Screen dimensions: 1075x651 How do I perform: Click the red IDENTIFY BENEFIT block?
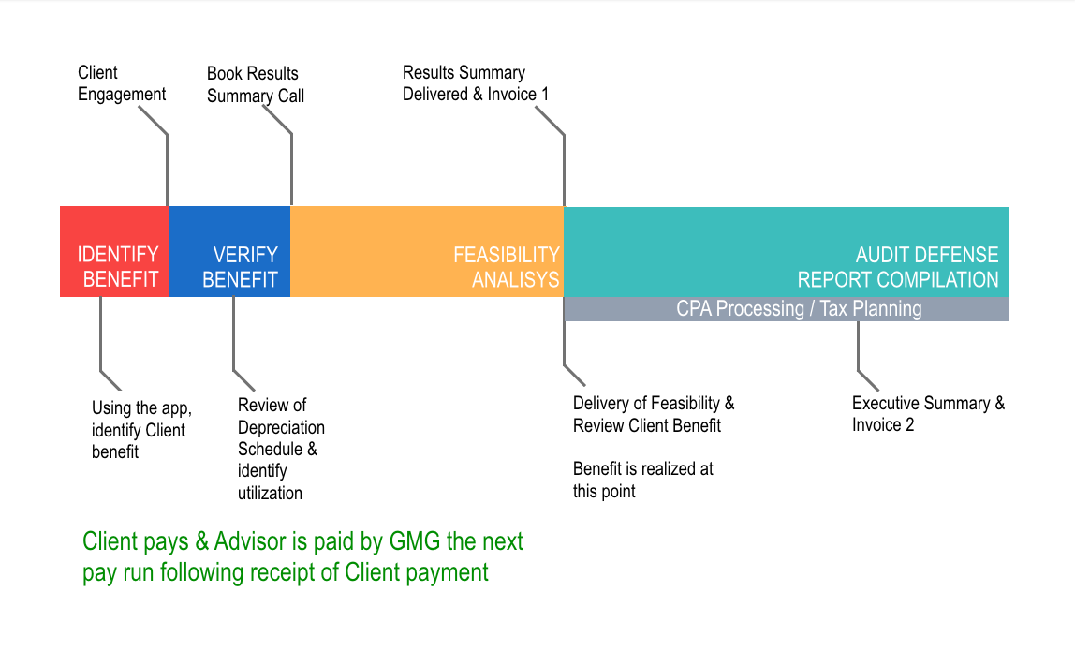(114, 252)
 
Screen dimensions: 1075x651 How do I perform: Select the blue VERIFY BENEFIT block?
(229, 252)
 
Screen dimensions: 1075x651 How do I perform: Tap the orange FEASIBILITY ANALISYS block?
(427, 252)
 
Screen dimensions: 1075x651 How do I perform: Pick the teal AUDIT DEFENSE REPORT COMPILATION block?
(786, 251)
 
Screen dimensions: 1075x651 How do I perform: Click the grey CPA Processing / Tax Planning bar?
(799, 309)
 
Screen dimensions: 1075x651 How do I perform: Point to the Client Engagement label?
(121, 83)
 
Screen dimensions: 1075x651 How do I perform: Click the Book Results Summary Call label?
(255, 84)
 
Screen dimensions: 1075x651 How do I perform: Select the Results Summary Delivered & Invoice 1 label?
(476, 83)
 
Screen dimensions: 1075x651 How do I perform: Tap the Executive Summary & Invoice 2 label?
(928, 414)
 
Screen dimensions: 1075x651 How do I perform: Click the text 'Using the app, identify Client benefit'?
(141, 430)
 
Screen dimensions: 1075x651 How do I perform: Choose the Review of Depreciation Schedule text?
(280, 449)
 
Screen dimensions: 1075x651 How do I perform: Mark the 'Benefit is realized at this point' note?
(642, 480)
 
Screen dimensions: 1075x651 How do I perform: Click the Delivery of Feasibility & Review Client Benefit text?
(654, 414)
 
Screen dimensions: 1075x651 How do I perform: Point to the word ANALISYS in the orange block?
(515, 279)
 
